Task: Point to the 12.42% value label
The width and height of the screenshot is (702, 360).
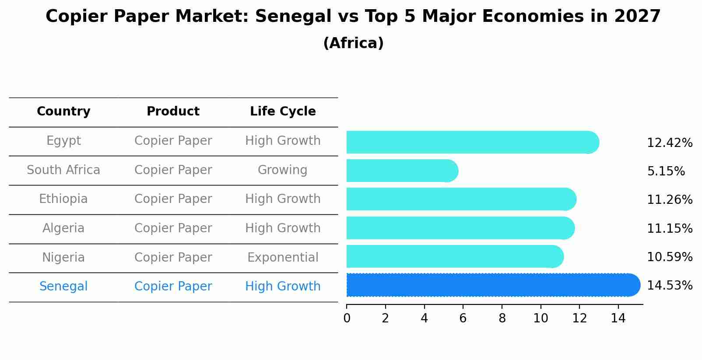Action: pos(669,143)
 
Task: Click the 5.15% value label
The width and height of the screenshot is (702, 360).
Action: pos(666,171)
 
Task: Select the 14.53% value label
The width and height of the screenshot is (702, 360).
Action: pos(669,286)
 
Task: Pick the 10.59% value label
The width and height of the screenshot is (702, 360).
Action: pos(669,257)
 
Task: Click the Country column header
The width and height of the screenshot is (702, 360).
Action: pos(63,112)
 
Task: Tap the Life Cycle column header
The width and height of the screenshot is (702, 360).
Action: pos(283,112)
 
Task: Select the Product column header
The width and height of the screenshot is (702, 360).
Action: pos(173,112)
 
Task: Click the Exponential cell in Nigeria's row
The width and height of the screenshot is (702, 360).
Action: pos(283,258)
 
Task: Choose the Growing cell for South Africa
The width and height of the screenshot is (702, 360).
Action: pos(282,170)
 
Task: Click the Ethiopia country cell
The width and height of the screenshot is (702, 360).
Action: pos(63,199)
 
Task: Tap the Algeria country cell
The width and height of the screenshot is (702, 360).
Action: pos(63,228)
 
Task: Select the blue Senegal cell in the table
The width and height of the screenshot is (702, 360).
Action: pos(63,287)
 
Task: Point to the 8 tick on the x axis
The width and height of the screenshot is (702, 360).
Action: pos(502,318)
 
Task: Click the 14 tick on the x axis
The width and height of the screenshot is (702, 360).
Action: pos(618,318)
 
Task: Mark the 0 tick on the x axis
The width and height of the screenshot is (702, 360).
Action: pos(347,318)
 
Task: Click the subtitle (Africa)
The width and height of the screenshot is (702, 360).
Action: pos(353,43)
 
